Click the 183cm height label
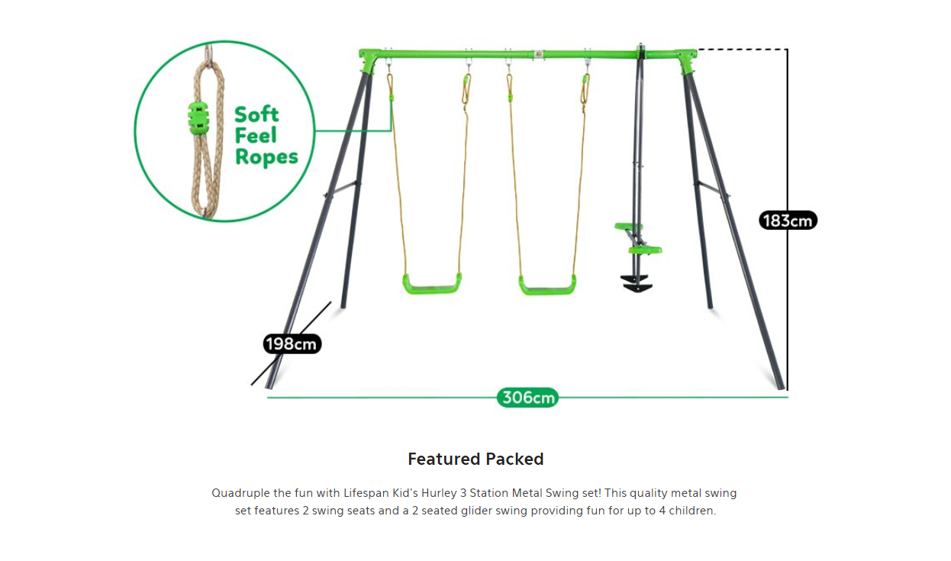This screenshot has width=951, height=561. tap(788, 221)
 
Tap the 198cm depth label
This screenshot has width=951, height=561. tap(292, 343)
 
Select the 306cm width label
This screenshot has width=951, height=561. tap(527, 398)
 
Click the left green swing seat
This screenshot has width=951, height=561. tap(432, 284)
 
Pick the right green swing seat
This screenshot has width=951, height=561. tap(548, 285)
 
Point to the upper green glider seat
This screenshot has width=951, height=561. tap(628, 227)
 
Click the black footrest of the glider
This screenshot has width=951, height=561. tap(637, 283)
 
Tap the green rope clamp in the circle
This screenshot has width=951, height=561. tap(198, 116)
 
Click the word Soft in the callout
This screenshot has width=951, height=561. tap(256, 114)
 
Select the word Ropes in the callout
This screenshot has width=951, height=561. tap(266, 156)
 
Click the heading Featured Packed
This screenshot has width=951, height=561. tap(475, 459)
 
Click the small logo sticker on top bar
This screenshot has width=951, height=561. tap(538, 54)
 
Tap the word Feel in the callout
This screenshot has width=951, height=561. tap(256, 135)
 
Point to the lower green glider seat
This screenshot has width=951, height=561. tap(645, 250)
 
